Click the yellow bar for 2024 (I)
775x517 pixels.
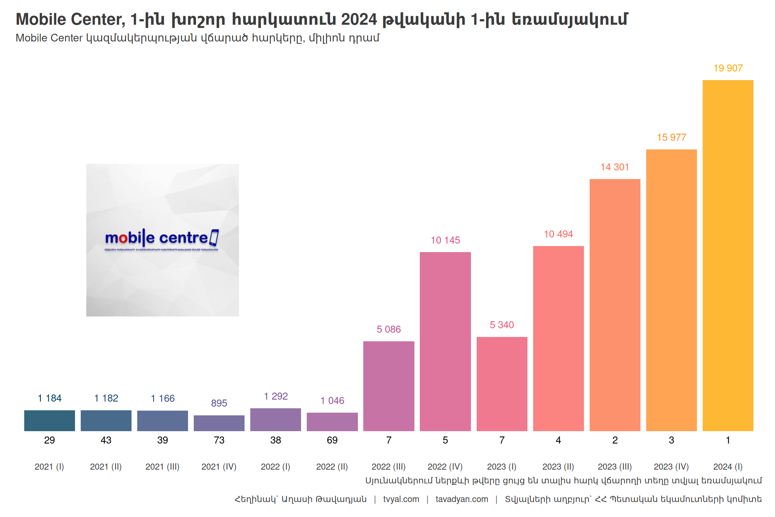click(x=728, y=256)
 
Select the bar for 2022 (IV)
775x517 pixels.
click(x=445, y=342)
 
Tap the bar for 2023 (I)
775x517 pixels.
click(x=502, y=384)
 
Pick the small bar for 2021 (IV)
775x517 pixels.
click(x=219, y=423)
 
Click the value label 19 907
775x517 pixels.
click(x=728, y=68)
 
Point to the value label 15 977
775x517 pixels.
click(x=671, y=137)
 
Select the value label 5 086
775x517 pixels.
click(x=389, y=329)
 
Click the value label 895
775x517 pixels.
click(x=219, y=403)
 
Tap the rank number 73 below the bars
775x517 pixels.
click(x=219, y=440)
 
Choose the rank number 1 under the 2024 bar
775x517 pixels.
click(x=728, y=440)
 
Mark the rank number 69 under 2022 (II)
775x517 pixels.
click(x=332, y=440)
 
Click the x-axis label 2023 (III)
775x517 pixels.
click(x=615, y=467)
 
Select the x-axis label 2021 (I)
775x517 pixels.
click(x=49, y=467)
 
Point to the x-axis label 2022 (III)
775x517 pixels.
click(x=389, y=467)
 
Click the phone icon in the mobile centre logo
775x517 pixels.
click(x=214, y=237)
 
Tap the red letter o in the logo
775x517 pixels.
click(x=123, y=238)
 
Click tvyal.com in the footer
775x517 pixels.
click(x=401, y=499)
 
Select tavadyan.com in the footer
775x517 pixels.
click(x=462, y=499)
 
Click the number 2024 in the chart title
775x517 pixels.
click(x=359, y=19)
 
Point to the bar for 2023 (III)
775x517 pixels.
click(x=615, y=305)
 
